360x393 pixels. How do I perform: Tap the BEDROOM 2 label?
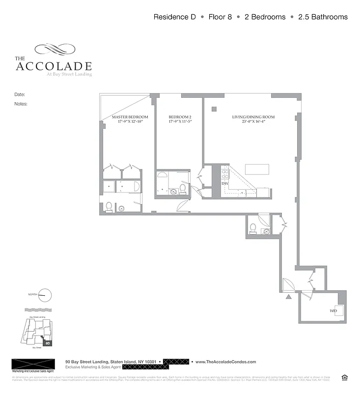[x=180, y=117]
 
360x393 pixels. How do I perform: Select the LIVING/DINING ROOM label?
[x=253, y=117]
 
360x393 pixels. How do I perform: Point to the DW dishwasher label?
[x=224, y=183]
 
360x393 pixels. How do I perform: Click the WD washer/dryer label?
[x=333, y=311]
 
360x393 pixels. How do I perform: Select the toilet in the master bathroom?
[x=109, y=207]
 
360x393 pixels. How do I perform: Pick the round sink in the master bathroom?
[x=121, y=208]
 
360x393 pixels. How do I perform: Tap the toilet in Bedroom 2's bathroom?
[x=182, y=188]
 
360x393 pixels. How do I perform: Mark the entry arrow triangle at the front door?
[x=288, y=297]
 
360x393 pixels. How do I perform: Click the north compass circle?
[x=44, y=295]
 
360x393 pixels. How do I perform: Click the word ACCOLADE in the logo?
[x=54, y=66]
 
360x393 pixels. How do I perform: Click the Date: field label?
[x=20, y=94]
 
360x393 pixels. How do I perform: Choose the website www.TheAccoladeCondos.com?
[x=226, y=362]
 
